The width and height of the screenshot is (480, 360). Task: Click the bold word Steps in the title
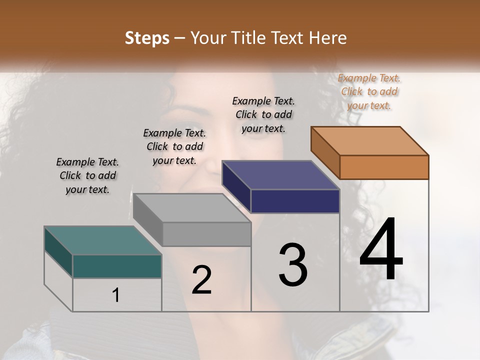(x=147, y=38)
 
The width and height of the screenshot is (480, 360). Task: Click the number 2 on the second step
(x=201, y=279)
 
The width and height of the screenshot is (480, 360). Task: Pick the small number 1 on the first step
(x=116, y=295)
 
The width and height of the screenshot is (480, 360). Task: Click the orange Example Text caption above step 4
(x=369, y=91)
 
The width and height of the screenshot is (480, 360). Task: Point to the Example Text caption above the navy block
(x=263, y=114)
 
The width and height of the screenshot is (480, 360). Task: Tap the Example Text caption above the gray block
(x=174, y=146)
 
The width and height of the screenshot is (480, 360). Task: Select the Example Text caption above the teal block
(x=87, y=175)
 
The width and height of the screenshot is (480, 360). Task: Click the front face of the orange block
(x=384, y=167)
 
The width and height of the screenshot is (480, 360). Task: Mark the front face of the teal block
(x=117, y=266)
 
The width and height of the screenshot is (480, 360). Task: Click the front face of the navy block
(x=295, y=201)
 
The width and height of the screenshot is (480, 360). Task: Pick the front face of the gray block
(x=206, y=234)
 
